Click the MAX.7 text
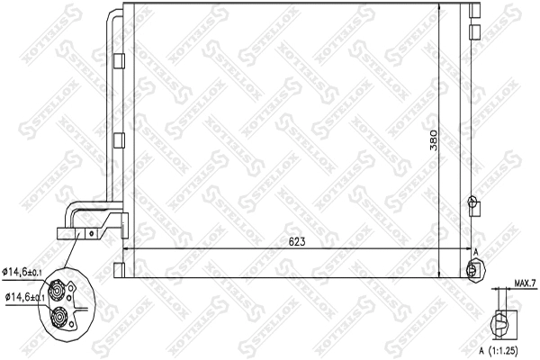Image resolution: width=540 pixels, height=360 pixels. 525,284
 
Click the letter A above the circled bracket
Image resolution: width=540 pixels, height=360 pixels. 476,254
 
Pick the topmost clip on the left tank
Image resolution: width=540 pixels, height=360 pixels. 121,60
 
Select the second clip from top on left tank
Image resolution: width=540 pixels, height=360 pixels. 121,140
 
